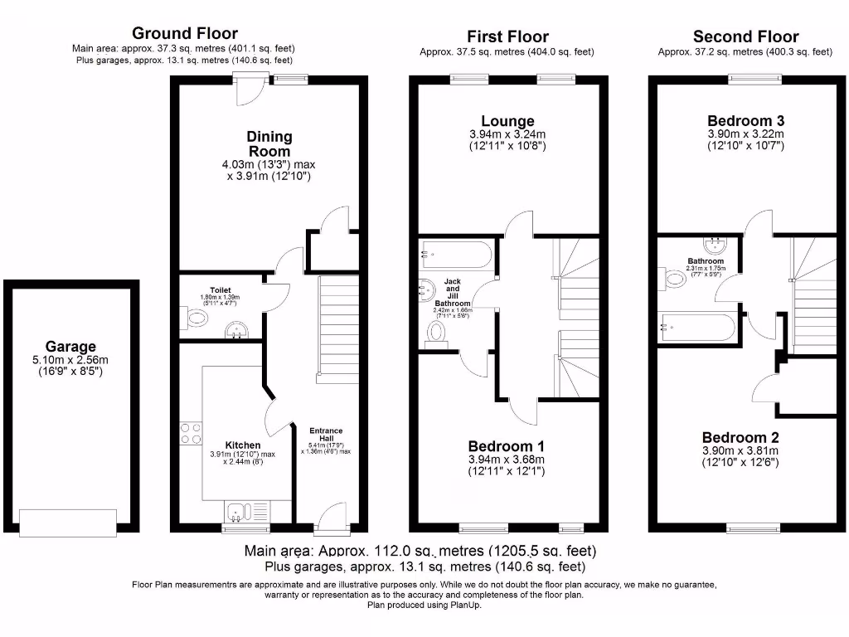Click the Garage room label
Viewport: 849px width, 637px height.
70,347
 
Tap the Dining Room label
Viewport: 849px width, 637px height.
269,143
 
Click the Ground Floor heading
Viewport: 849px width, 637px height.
185,34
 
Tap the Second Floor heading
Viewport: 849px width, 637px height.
745,36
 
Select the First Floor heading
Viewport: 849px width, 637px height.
507,36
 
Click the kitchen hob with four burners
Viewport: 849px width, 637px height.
191,433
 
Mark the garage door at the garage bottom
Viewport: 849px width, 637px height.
70,522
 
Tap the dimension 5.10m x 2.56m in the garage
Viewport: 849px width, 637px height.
70,361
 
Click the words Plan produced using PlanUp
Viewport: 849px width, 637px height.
424,605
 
